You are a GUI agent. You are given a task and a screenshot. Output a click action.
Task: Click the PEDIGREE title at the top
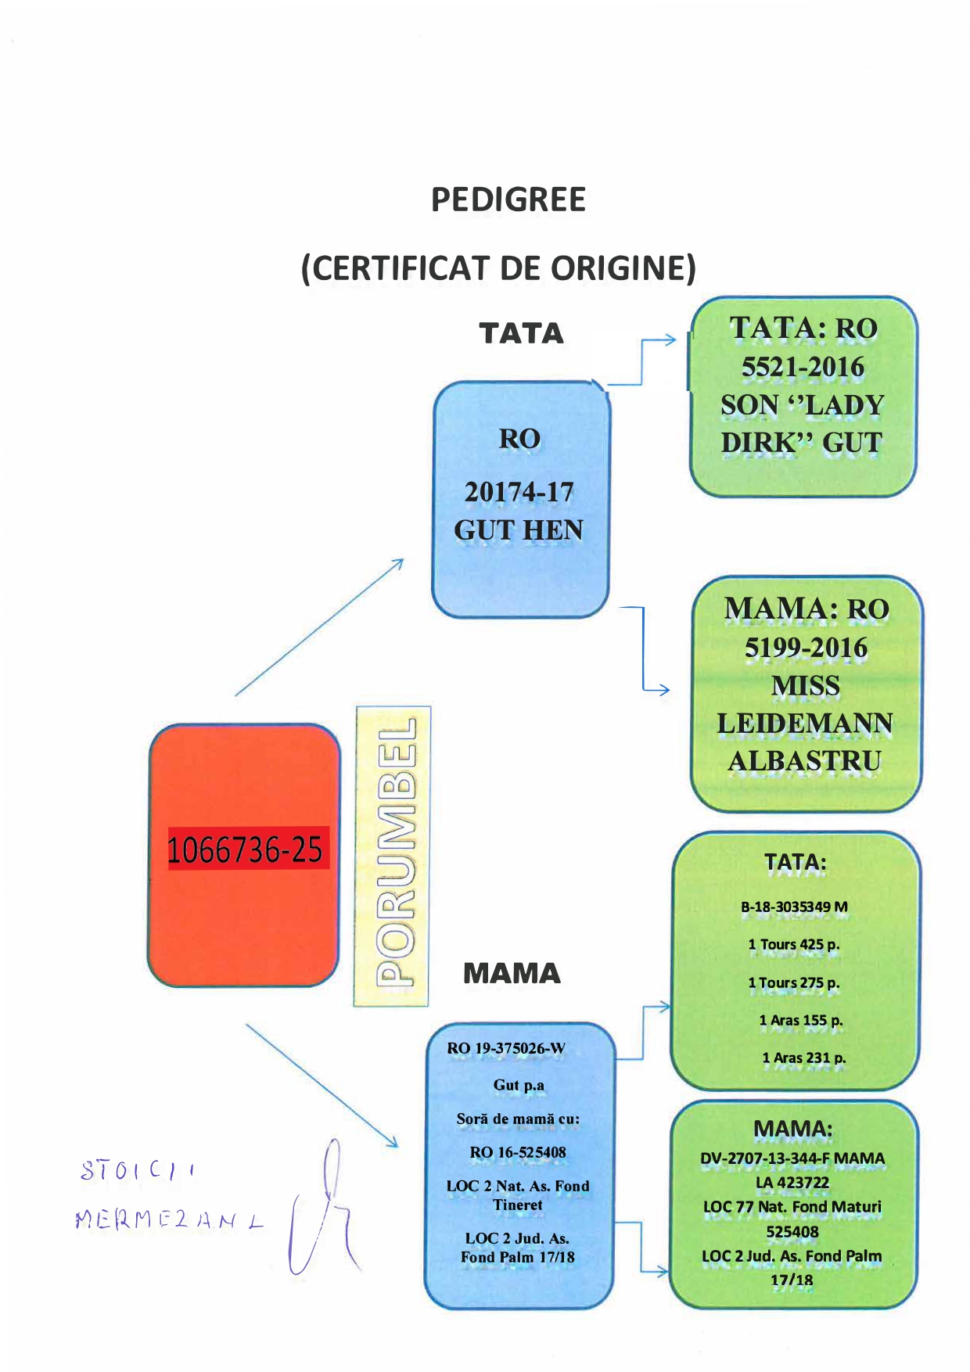tap(508, 200)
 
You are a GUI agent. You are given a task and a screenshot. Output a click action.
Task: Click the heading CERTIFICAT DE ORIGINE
tap(498, 268)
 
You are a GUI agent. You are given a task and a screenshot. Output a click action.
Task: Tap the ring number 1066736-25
tap(246, 849)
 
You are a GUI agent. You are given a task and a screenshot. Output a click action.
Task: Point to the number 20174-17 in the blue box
tap(519, 492)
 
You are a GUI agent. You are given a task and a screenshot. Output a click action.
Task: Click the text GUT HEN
tap(519, 530)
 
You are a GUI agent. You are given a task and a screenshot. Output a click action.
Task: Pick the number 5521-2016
tap(803, 367)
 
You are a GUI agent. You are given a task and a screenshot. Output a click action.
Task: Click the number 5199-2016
tap(806, 648)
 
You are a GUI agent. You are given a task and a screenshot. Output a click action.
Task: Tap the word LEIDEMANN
tap(805, 724)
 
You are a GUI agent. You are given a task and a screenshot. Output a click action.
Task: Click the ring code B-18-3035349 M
tap(794, 907)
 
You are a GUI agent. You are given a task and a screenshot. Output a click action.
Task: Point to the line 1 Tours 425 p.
tap(794, 945)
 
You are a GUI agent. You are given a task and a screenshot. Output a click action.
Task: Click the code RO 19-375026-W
tap(506, 1049)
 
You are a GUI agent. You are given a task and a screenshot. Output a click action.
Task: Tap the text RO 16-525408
tap(518, 1153)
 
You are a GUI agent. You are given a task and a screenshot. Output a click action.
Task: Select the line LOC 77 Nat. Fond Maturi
tap(792, 1207)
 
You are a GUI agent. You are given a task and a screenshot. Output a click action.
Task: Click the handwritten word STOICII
tap(138, 1171)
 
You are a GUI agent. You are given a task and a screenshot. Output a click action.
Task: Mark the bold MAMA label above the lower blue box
tap(512, 974)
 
